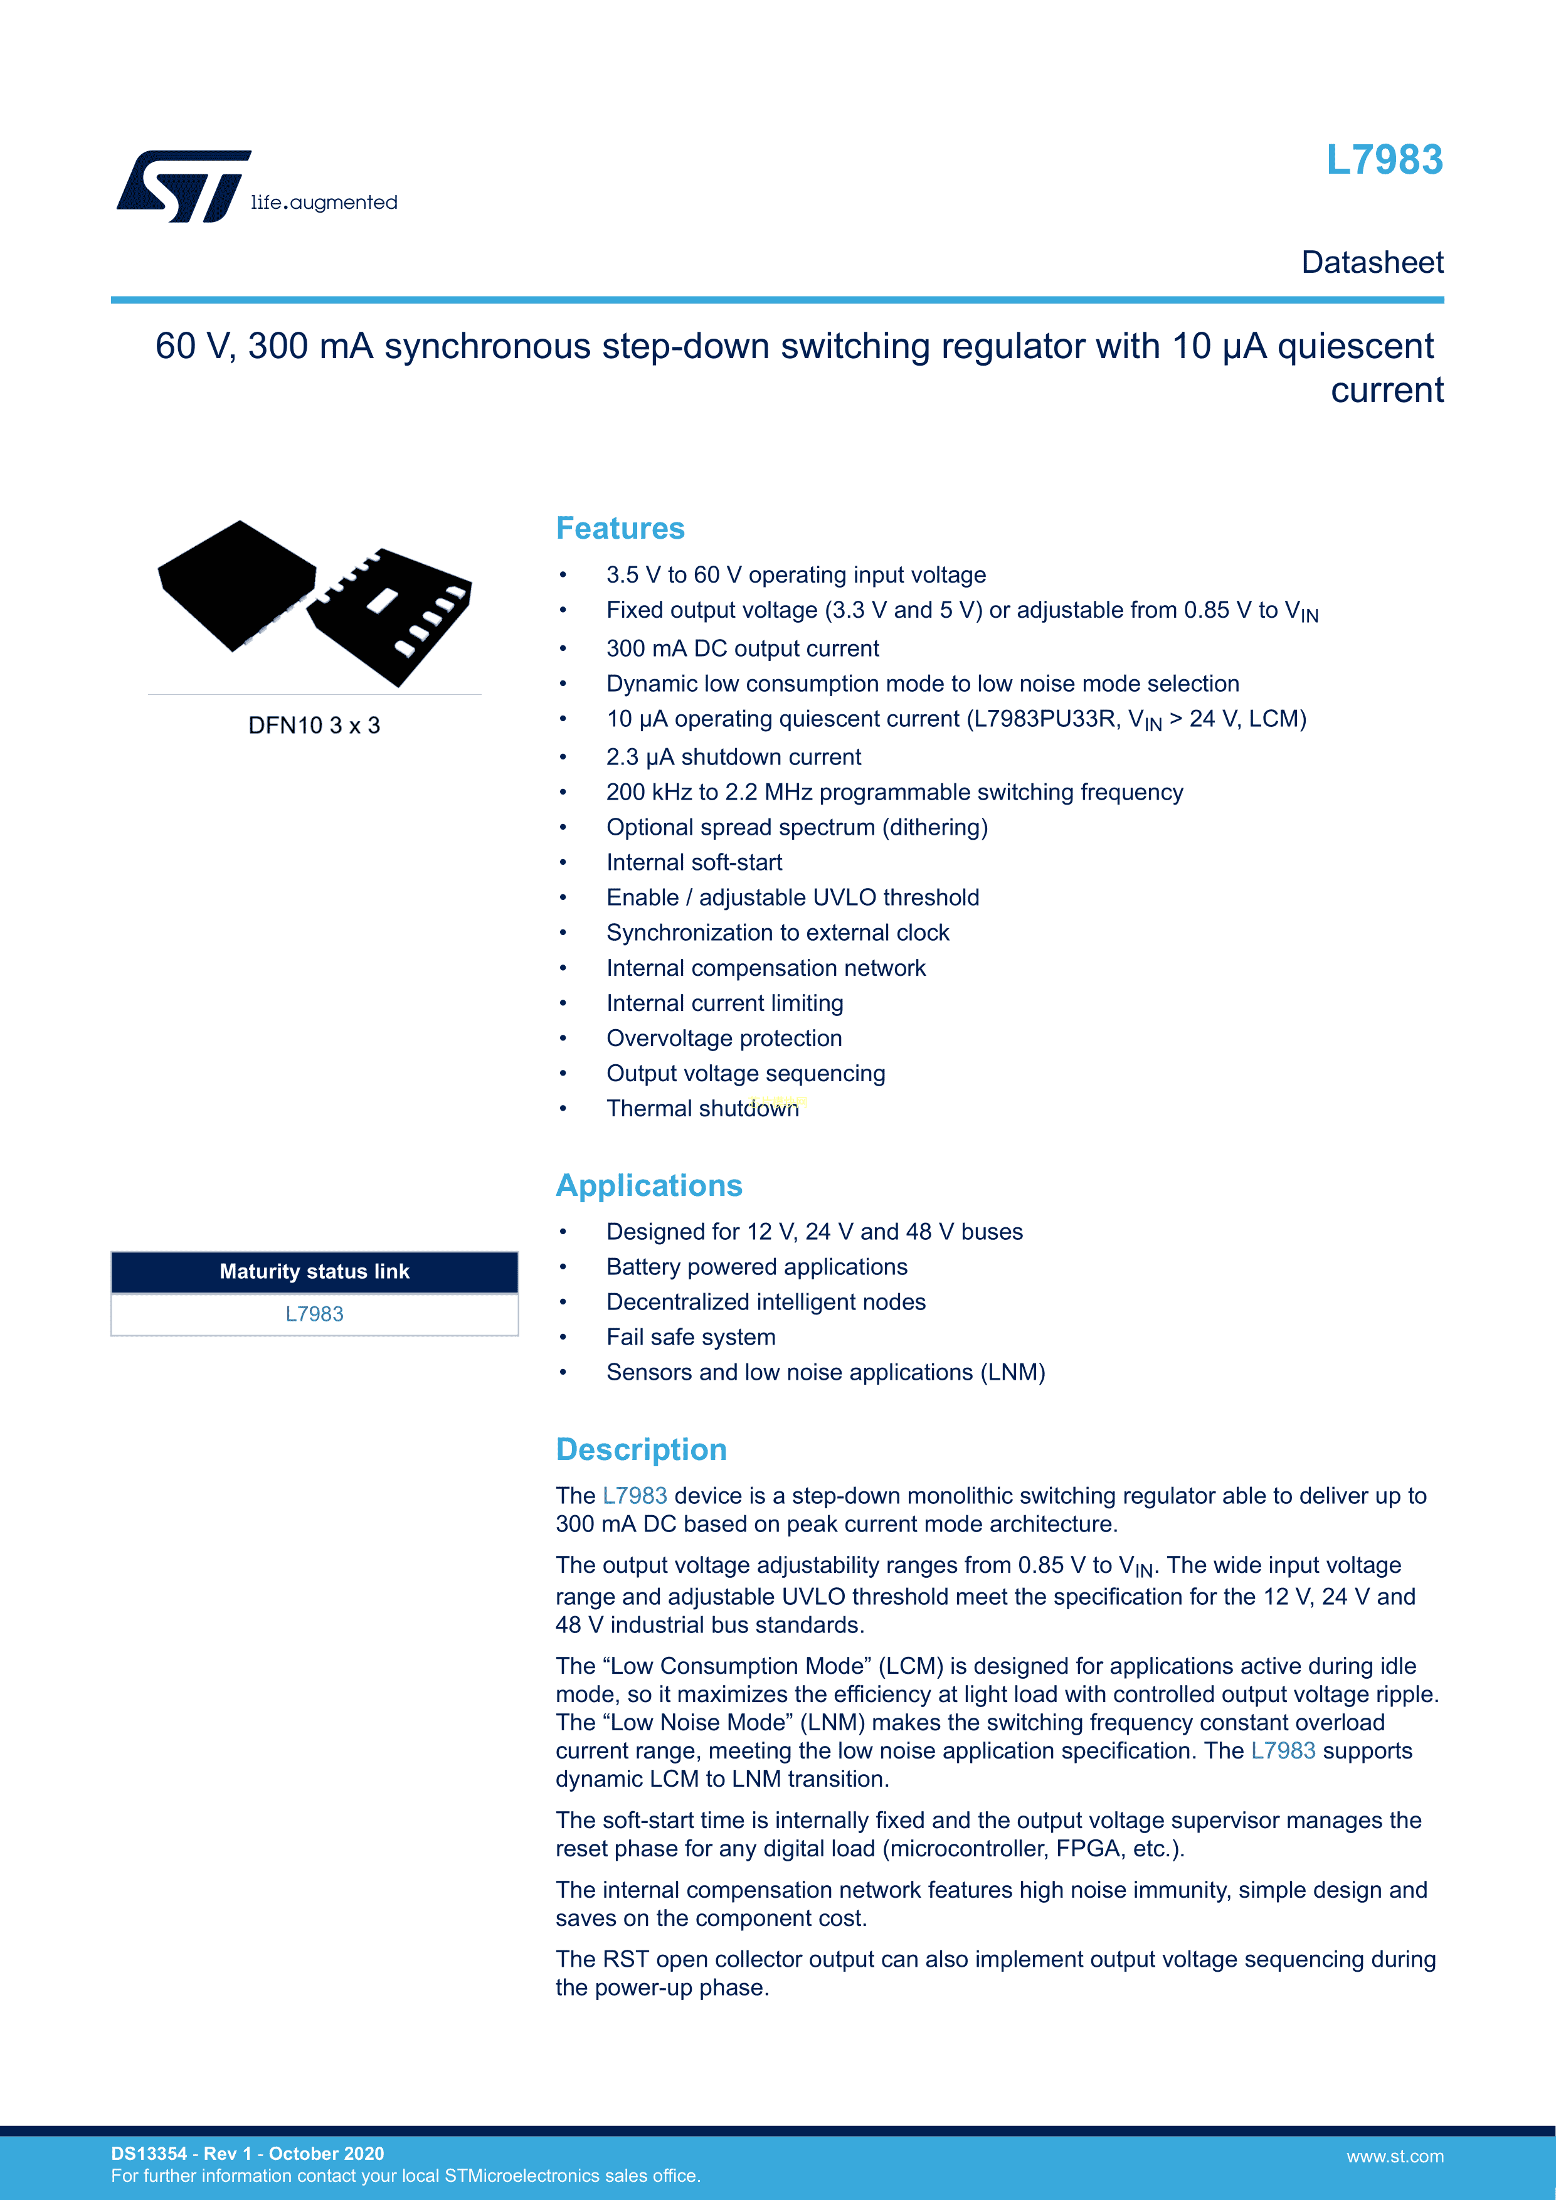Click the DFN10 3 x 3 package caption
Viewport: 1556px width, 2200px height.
point(314,726)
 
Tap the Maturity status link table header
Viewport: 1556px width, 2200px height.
point(314,1271)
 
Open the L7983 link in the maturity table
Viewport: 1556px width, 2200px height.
point(314,1314)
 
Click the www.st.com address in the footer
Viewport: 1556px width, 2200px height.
point(1394,2156)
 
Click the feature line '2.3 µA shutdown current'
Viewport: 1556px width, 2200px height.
point(733,757)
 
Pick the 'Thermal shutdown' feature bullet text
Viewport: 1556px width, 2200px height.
point(702,1109)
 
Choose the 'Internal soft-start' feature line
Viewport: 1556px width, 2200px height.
point(694,862)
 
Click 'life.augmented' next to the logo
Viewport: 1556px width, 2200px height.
point(324,202)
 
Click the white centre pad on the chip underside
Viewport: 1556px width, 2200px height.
point(383,601)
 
